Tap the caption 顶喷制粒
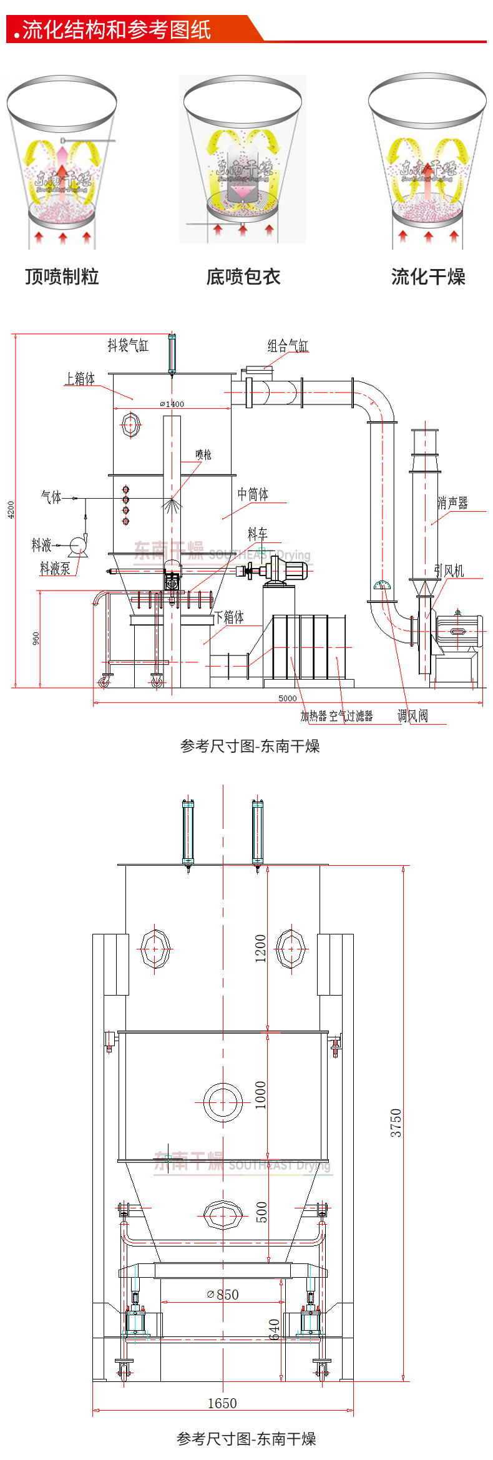pos(62,277)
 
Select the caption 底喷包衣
pos(243,277)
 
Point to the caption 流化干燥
pos(428,277)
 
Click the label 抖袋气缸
pos(128,345)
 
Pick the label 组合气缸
pos(288,345)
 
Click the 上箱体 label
pos(81,379)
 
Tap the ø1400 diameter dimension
pos(172,404)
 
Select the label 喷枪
pos(203,454)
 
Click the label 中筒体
pos(253,494)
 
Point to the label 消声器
pos(452,503)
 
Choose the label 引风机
pos(449,571)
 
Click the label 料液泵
pos(55,569)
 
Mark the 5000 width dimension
pos(287,698)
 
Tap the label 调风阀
pos(412,716)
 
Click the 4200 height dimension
pos(11,509)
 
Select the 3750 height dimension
pos(396,1122)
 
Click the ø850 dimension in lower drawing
pos(223,1295)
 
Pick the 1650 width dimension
pos(222,1403)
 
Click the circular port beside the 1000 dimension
pos(223,1102)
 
